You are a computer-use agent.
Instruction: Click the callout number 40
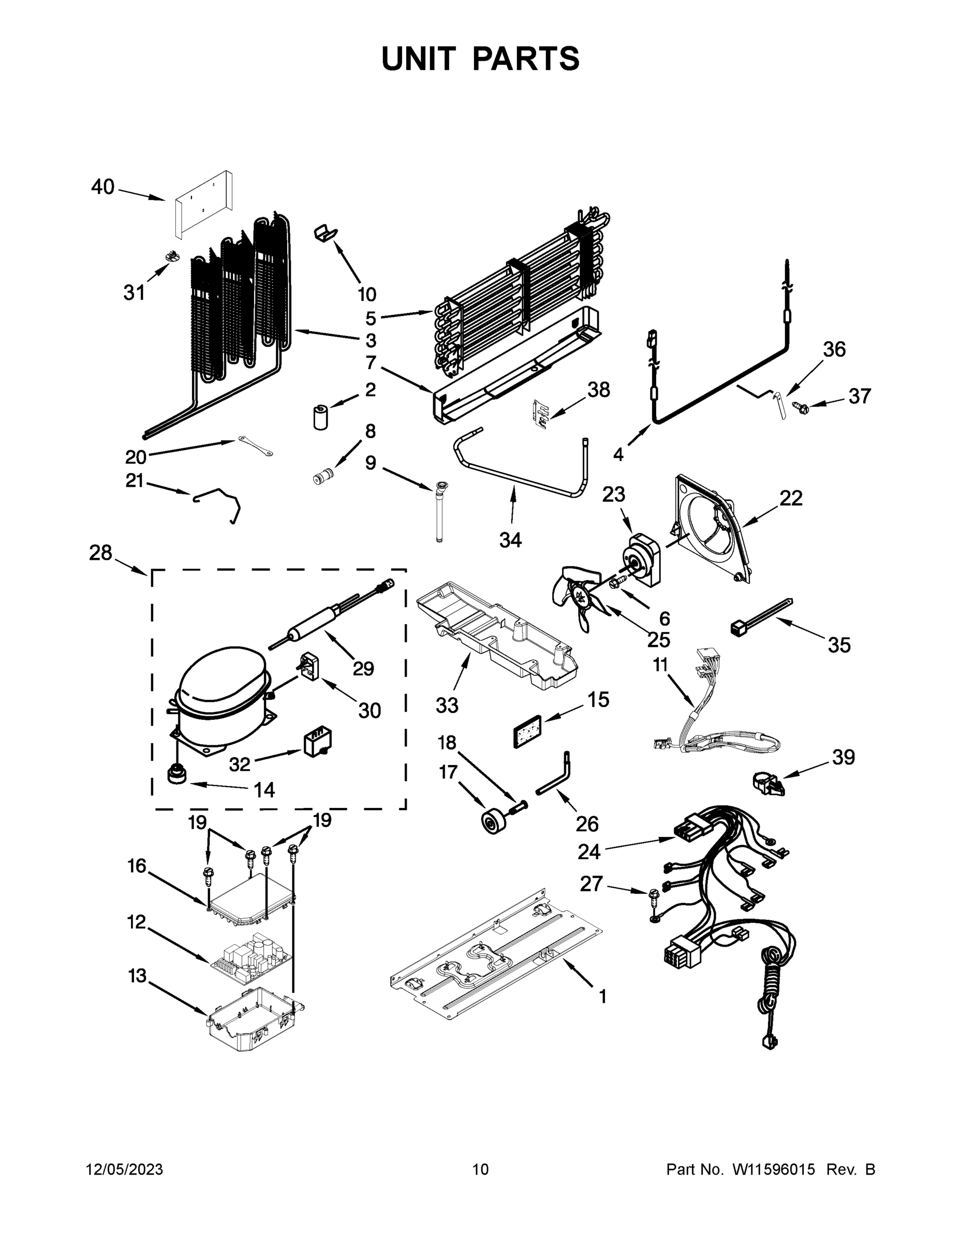(x=103, y=186)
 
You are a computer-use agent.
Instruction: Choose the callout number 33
(x=447, y=705)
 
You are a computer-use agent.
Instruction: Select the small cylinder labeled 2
(x=321, y=416)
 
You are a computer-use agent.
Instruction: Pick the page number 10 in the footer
(x=480, y=1169)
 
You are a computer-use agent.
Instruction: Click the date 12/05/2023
(x=125, y=1169)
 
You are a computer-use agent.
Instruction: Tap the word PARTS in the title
(x=525, y=59)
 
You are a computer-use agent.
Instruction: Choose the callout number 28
(x=101, y=553)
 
